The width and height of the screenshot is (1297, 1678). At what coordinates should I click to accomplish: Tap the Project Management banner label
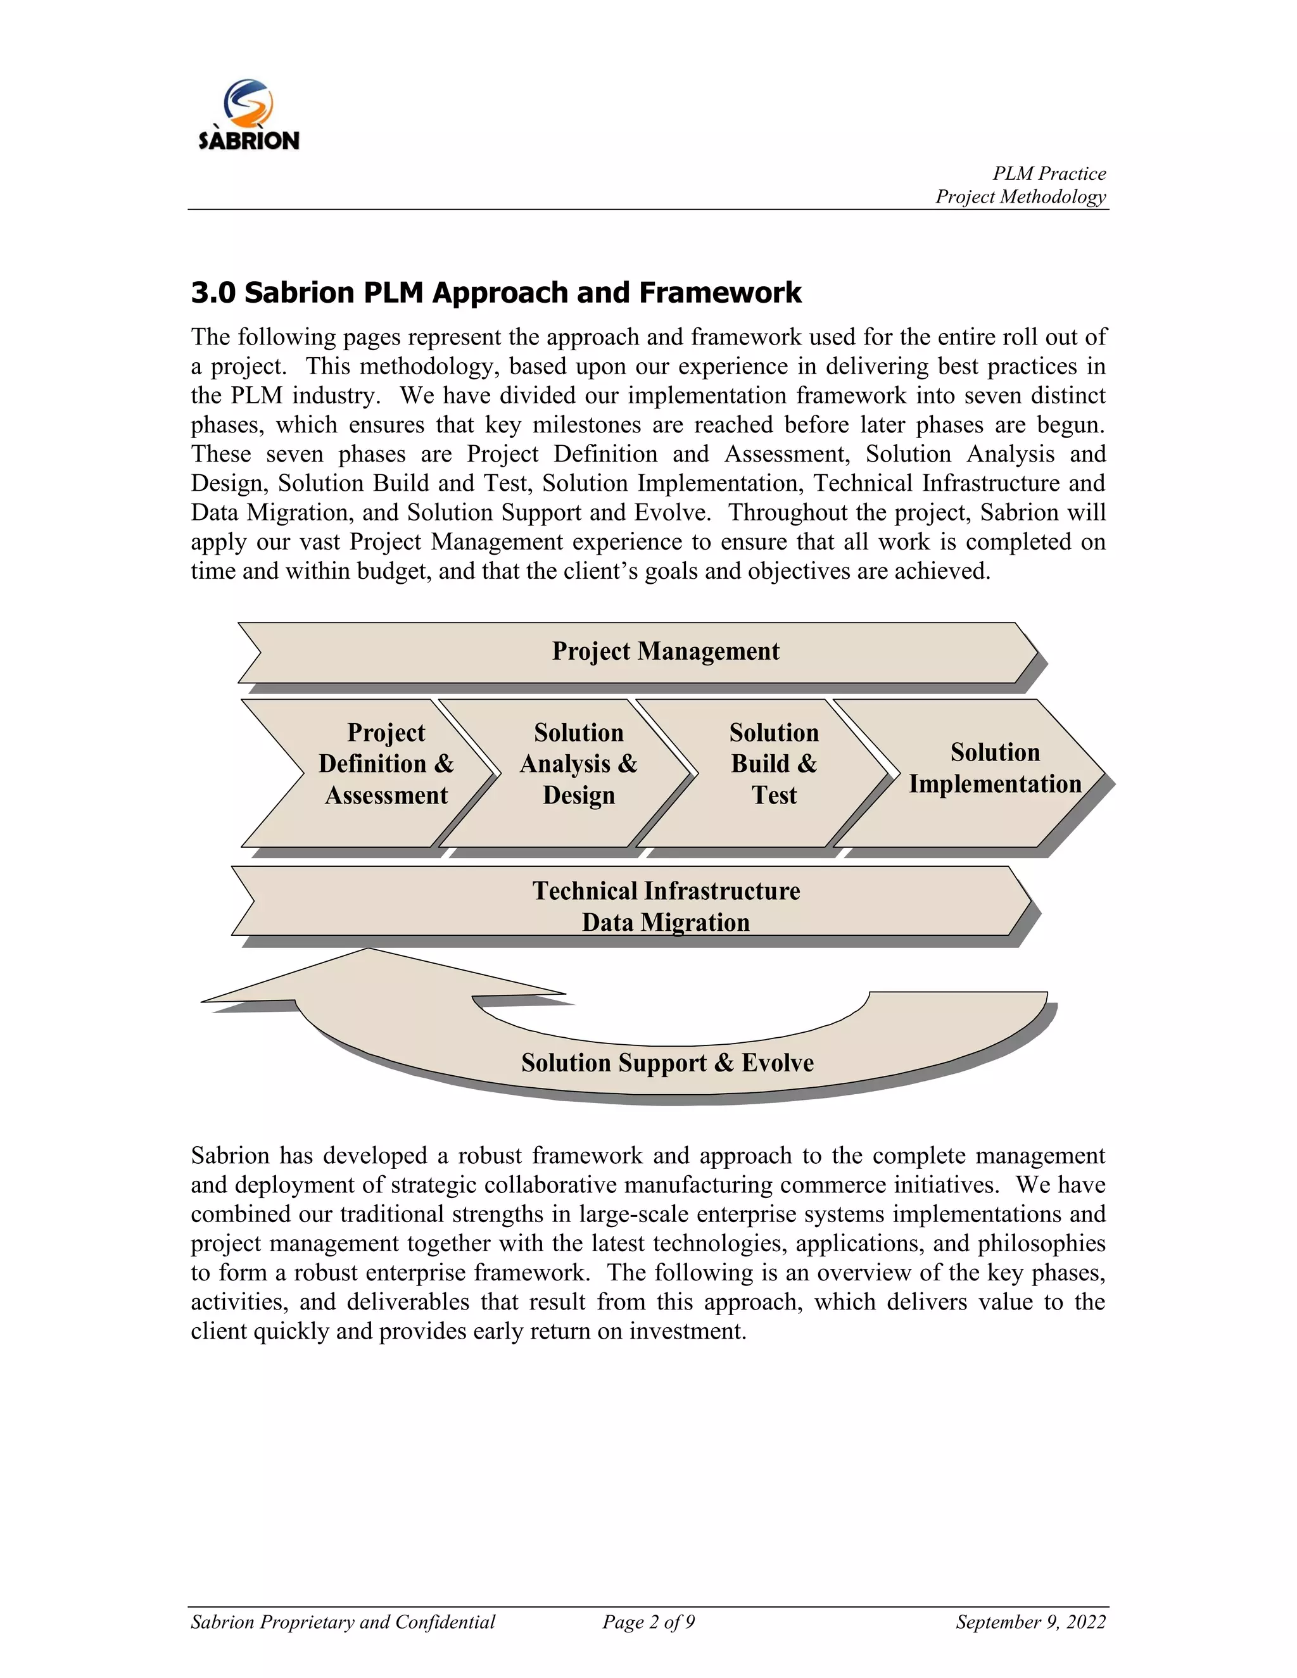(666, 652)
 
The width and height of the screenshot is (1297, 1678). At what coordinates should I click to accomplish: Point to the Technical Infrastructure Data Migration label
(666, 907)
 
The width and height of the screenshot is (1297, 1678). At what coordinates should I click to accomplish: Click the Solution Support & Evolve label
(667, 1063)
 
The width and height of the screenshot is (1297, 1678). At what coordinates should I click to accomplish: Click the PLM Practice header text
(1049, 173)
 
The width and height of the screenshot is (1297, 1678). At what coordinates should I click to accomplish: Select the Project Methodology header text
(1020, 198)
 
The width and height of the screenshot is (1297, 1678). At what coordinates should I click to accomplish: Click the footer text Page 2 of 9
(648, 1622)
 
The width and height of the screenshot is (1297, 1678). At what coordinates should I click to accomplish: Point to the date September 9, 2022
(1030, 1622)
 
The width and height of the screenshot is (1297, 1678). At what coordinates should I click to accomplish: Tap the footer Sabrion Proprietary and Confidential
(343, 1622)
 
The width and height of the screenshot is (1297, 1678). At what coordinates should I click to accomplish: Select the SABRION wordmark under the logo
(249, 141)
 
